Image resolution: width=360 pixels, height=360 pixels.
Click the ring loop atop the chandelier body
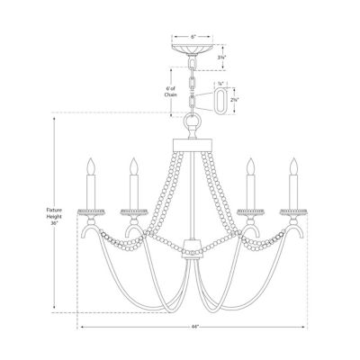(x=192, y=124)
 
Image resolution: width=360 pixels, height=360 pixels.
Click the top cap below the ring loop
(x=192, y=140)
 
